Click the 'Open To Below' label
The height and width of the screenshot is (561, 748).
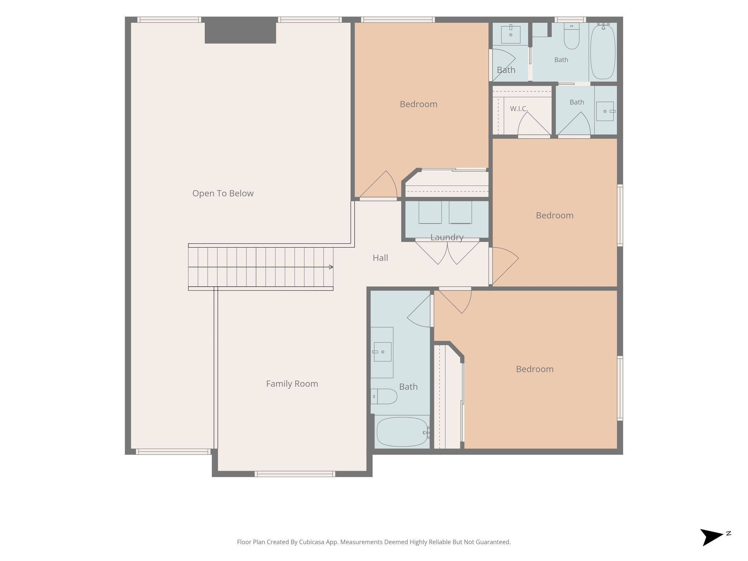(x=223, y=194)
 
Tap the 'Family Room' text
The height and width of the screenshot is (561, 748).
(x=292, y=384)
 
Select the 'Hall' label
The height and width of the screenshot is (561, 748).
(x=380, y=258)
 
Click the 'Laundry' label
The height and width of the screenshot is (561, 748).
(x=447, y=237)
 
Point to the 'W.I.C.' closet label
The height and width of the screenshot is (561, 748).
(x=519, y=109)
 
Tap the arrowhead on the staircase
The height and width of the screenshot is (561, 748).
(x=331, y=267)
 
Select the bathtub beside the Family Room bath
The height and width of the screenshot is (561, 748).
(x=402, y=432)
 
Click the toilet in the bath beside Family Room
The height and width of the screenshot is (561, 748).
(x=384, y=397)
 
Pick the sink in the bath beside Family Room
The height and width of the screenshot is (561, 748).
(x=382, y=352)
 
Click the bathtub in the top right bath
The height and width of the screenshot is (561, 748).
(x=603, y=51)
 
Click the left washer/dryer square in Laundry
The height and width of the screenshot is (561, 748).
(x=430, y=212)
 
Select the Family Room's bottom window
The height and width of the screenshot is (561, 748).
(x=295, y=474)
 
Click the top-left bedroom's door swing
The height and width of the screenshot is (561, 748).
(x=378, y=184)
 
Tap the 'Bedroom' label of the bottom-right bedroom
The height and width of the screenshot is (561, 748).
(x=535, y=369)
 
